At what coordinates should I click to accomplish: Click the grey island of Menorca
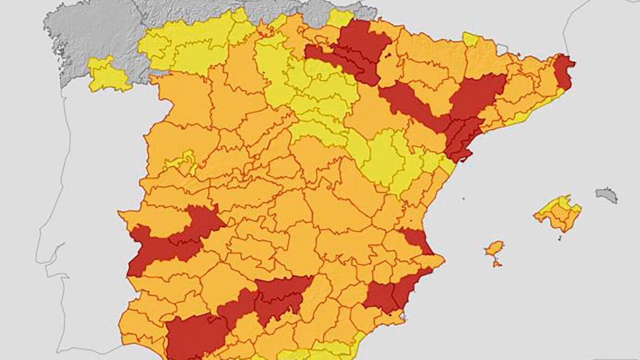click(x=607, y=195)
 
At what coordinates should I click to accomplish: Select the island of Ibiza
click(x=495, y=249)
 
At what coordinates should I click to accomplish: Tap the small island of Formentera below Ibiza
click(x=496, y=264)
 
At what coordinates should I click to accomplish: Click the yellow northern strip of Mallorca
click(x=563, y=202)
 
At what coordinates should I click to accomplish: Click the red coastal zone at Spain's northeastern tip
click(x=563, y=72)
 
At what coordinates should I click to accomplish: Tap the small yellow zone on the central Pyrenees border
click(x=469, y=39)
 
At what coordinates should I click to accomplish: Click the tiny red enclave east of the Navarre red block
click(x=388, y=56)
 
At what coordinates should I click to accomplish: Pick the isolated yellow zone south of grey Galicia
click(x=107, y=75)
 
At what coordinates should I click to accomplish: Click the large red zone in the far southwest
click(x=194, y=336)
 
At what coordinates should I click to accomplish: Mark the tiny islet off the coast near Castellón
click(x=464, y=198)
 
